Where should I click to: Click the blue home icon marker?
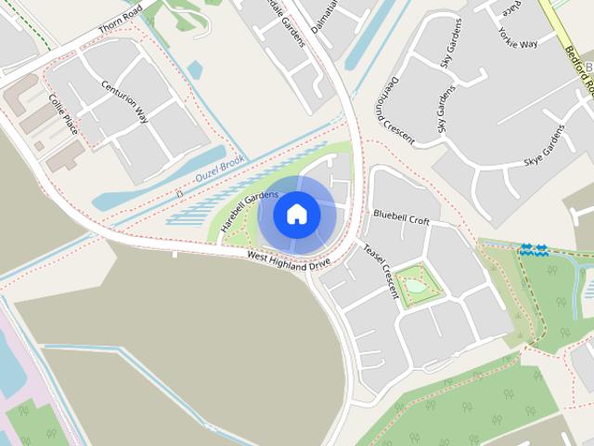point(297,215)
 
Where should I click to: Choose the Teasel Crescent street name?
point(381,271)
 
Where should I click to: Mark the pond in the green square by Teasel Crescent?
point(416,286)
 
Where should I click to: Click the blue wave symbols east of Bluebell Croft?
point(533,249)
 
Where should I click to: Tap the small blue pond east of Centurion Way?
point(196,70)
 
